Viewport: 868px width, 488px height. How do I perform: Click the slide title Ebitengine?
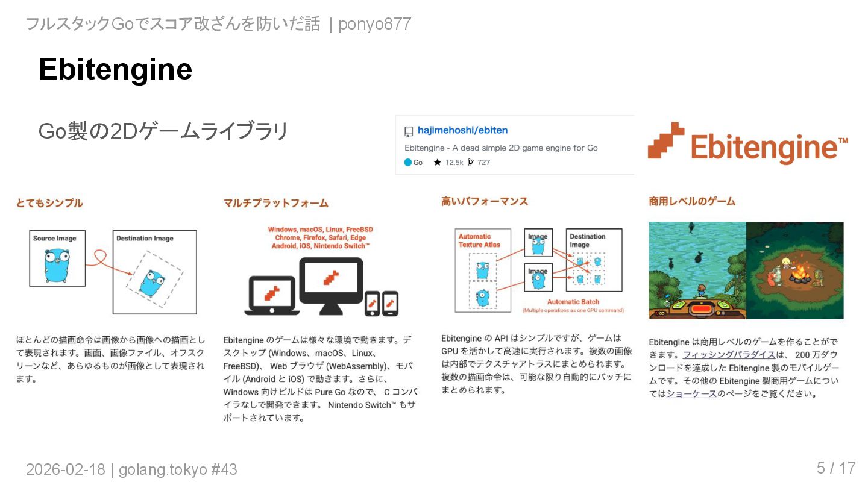click(115, 69)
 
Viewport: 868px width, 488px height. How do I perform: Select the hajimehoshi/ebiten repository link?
click(462, 130)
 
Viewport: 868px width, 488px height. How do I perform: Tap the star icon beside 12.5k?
click(438, 163)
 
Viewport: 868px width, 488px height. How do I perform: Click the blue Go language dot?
click(408, 163)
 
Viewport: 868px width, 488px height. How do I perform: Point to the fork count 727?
click(483, 163)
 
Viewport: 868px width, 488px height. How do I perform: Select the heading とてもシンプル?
click(49, 203)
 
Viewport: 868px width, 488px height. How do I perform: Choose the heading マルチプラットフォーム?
click(276, 203)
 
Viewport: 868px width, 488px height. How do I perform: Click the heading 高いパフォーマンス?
click(485, 201)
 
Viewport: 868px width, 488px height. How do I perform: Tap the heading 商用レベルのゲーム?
click(692, 201)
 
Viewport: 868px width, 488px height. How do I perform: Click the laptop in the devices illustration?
click(271, 296)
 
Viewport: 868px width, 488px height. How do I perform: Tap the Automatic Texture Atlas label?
click(479, 240)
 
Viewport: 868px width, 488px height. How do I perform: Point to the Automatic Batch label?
click(573, 302)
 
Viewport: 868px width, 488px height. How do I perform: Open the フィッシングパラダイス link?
click(729, 354)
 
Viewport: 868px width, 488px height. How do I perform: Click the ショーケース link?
click(691, 394)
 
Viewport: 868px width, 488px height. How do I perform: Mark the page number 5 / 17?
click(835, 468)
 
